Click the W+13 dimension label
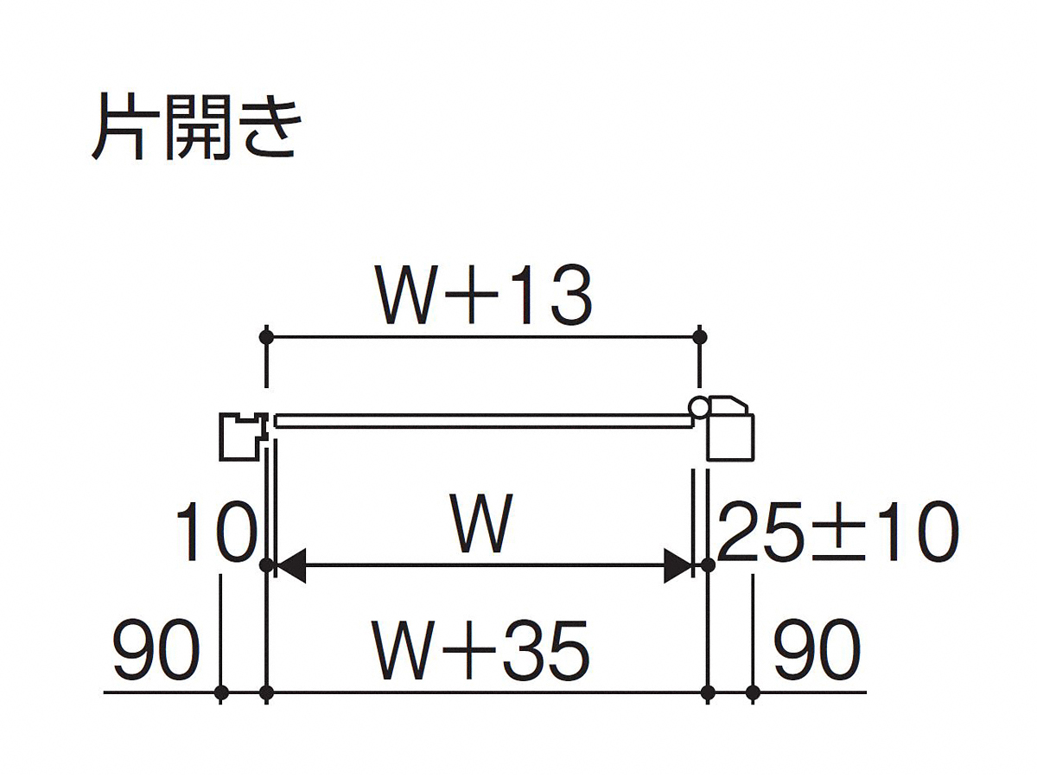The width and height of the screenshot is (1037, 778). [x=482, y=295]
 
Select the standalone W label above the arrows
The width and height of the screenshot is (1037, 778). [x=481, y=523]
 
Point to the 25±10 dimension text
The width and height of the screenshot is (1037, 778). [x=837, y=531]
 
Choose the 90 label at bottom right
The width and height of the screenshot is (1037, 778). [x=817, y=649]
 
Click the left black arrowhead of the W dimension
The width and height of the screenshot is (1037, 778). [x=290, y=565]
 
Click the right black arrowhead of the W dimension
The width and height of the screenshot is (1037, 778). [x=678, y=565]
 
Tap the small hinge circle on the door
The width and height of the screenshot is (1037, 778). [x=697, y=405]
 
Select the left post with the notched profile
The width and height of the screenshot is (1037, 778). [x=244, y=436]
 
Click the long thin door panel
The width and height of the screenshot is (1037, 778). [x=483, y=421]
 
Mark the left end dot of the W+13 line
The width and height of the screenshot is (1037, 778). [x=267, y=337]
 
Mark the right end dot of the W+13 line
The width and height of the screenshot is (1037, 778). [x=700, y=337]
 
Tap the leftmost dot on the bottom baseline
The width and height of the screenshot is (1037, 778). [x=220, y=693]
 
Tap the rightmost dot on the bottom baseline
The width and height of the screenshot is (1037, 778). [x=753, y=693]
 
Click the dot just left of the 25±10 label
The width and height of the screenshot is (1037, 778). [x=707, y=565]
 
